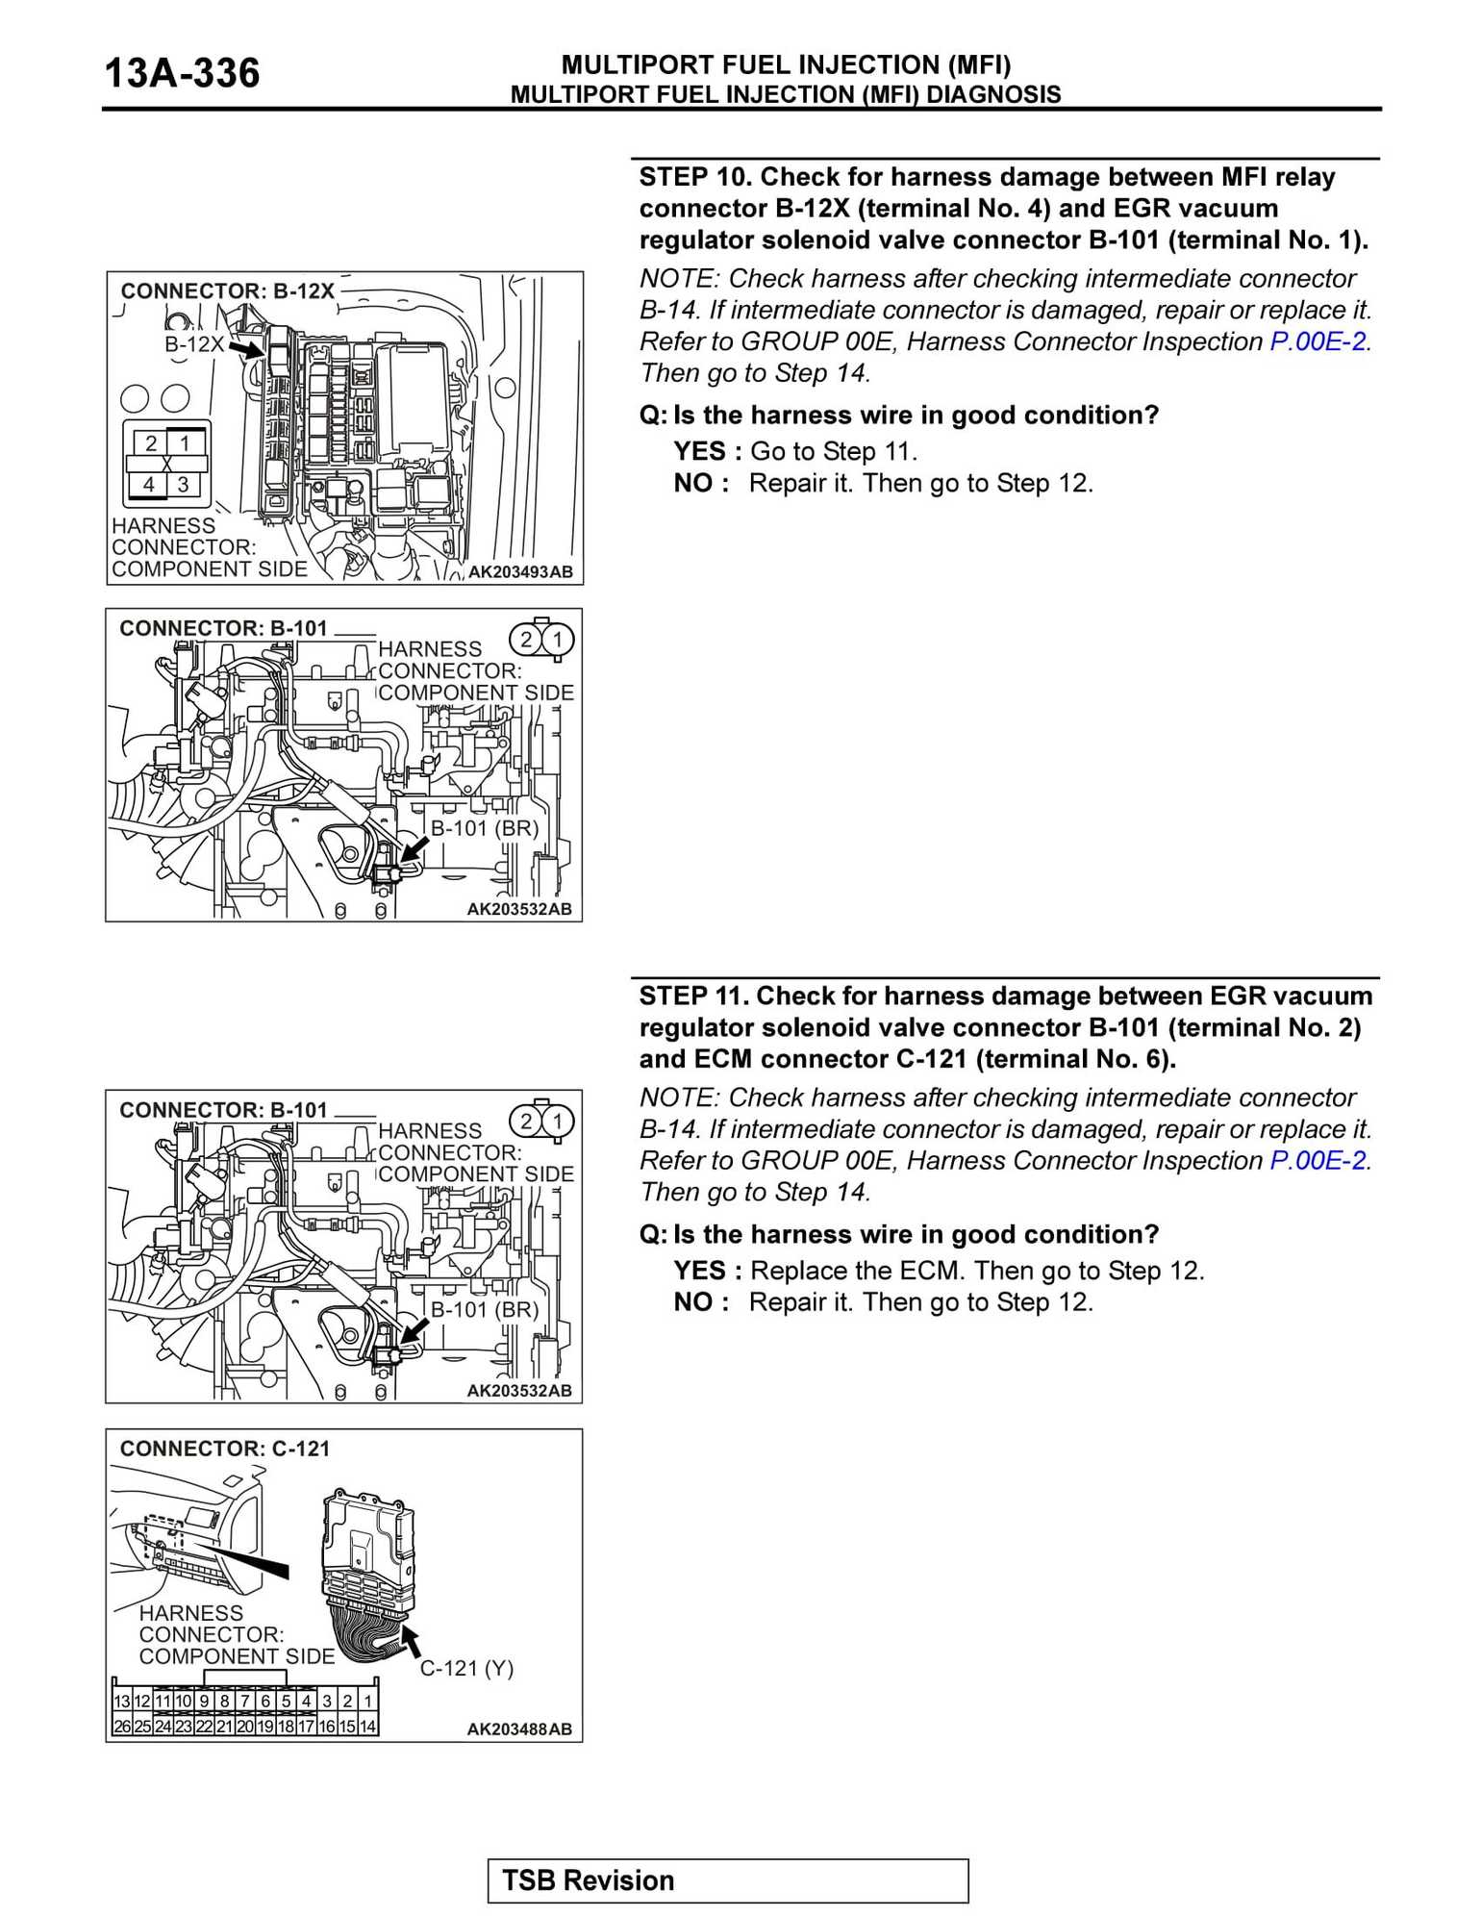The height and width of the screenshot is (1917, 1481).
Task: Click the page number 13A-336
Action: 181,74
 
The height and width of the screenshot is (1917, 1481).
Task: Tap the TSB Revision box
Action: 727,1879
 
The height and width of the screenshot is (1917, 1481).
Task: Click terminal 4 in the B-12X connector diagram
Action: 149,485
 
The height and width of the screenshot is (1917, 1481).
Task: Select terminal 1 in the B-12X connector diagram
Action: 185,443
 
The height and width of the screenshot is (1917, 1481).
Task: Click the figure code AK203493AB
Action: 520,571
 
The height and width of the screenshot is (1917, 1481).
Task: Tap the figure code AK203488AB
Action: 519,1728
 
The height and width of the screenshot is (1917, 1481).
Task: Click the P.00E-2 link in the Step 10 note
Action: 1318,341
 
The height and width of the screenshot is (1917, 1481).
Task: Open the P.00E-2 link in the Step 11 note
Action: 1318,1161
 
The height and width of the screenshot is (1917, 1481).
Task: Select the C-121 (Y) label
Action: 466,1668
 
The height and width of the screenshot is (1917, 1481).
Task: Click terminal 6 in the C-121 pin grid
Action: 265,1701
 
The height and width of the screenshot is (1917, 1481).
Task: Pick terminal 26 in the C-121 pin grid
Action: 122,1726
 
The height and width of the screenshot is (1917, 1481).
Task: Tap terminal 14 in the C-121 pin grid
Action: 367,1726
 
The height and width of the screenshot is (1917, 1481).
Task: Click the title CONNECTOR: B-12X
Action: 227,290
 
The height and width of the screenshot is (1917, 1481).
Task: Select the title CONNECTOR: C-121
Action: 224,1449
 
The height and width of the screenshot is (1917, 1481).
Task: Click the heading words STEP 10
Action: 694,177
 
